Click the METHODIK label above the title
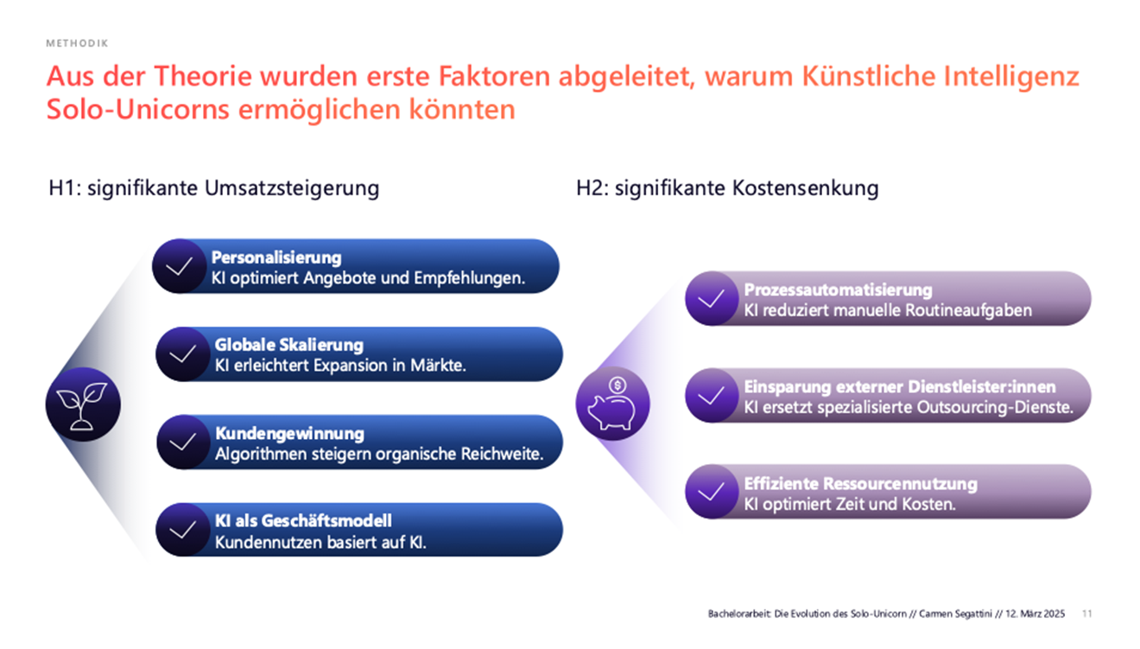pyautogui.click(x=78, y=42)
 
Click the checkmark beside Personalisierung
pyautogui.click(x=179, y=266)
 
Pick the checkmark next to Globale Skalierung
pyautogui.click(x=182, y=354)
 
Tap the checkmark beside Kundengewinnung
pyautogui.click(x=183, y=442)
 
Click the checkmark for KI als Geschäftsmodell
pyautogui.click(x=183, y=530)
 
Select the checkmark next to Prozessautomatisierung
pyautogui.click(x=712, y=299)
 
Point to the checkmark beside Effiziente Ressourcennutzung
pyautogui.click(x=712, y=492)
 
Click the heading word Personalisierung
pyautogui.click(x=276, y=258)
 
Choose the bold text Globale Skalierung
pyautogui.click(x=289, y=346)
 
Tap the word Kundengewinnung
pyautogui.click(x=289, y=433)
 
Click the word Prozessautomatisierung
pyautogui.click(x=838, y=290)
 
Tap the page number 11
pyautogui.click(x=1086, y=614)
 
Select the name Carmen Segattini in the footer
pyautogui.click(x=953, y=614)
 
